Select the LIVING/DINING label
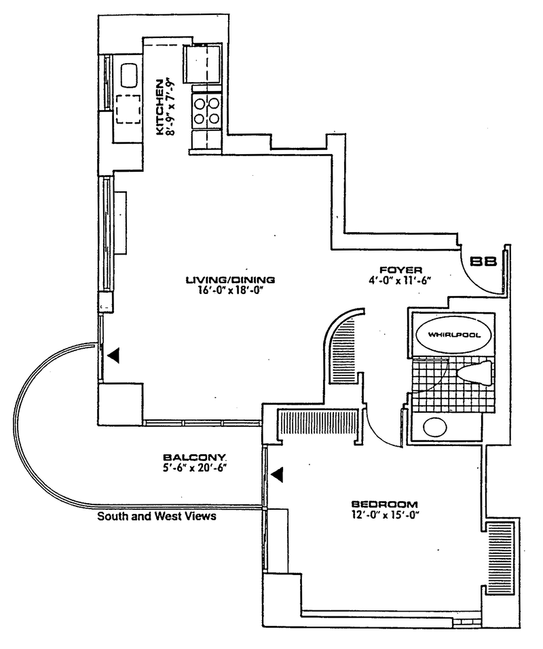tap(230, 278)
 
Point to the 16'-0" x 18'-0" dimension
tap(230, 290)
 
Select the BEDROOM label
tap(384, 504)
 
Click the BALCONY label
tap(185, 457)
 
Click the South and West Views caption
tap(157, 517)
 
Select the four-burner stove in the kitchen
tap(206, 111)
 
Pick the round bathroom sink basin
tap(434, 427)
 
